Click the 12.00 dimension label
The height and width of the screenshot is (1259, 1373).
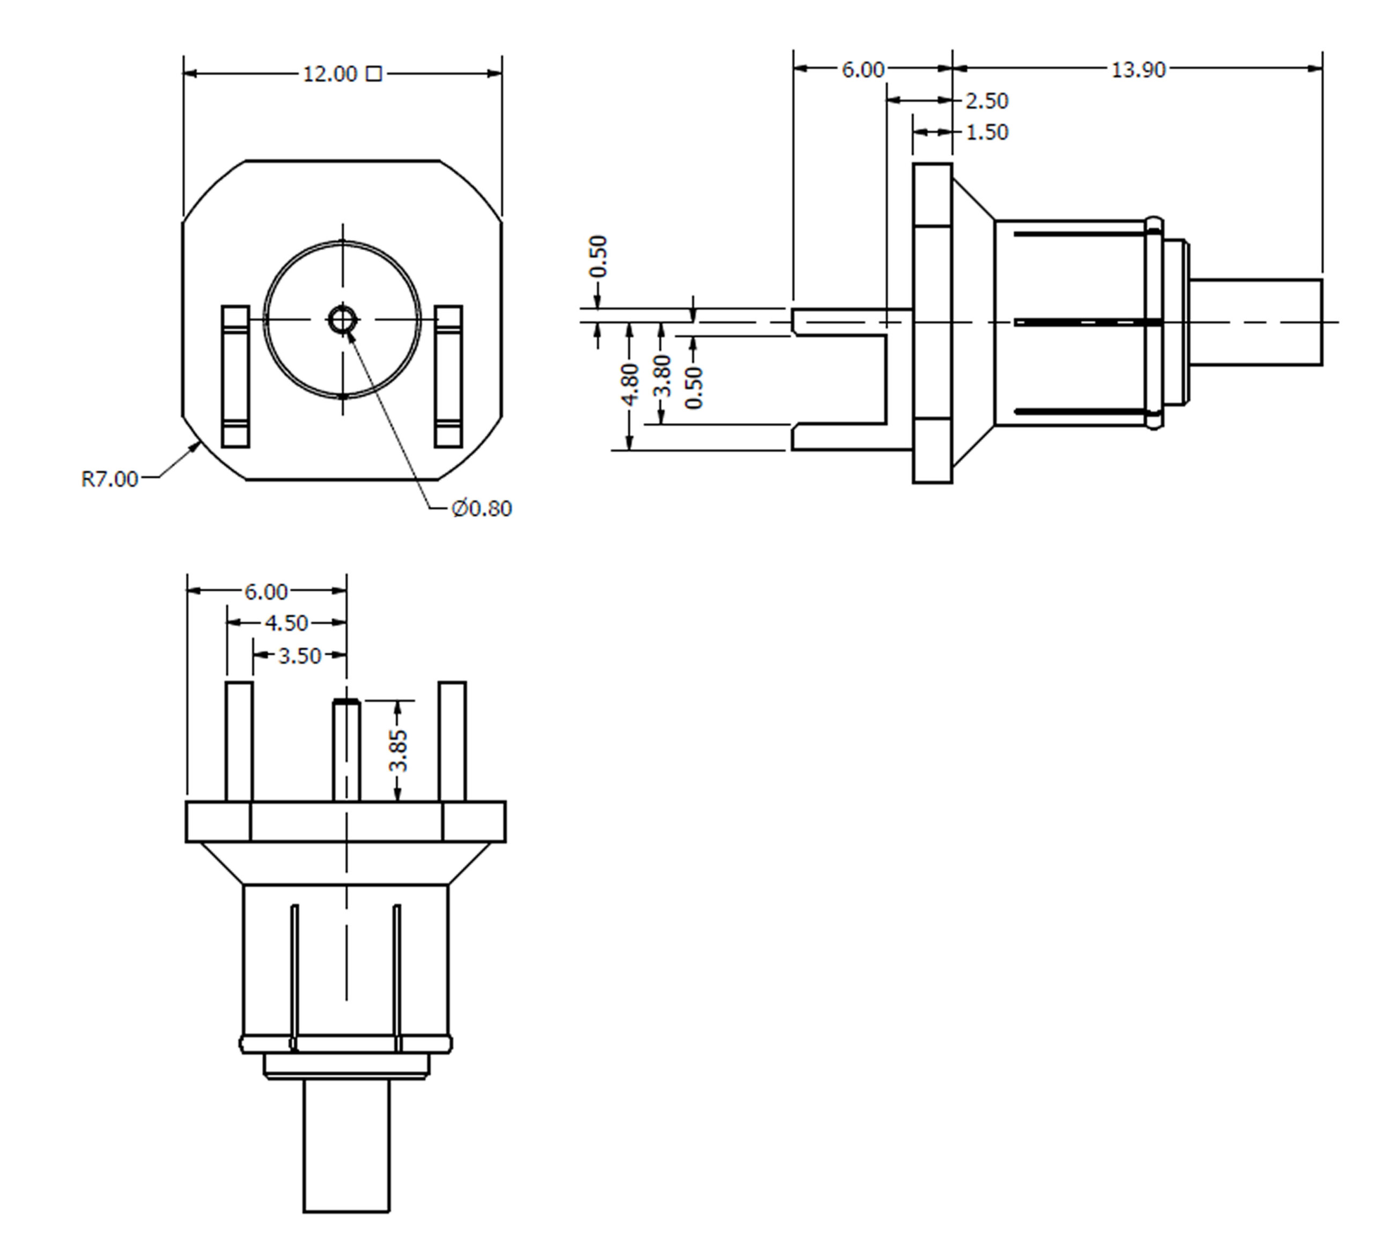tap(330, 73)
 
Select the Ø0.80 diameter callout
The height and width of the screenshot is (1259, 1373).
tap(482, 509)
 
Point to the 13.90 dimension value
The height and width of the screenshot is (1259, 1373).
tap(1138, 70)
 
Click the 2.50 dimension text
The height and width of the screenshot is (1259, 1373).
tap(987, 101)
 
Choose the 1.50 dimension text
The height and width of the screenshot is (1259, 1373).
tap(987, 132)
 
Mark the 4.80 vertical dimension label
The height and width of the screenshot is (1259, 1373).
tap(630, 385)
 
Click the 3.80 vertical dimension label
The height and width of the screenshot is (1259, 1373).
tap(662, 376)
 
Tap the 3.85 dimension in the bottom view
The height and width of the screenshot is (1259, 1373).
tap(398, 751)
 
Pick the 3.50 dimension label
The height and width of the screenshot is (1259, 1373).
tap(299, 656)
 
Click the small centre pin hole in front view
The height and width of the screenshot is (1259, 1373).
tap(342, 320)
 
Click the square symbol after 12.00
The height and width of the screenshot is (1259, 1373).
tap(374, 73)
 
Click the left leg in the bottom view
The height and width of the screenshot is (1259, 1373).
tap(239, 741)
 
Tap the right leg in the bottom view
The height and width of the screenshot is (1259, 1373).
tap(453, 741)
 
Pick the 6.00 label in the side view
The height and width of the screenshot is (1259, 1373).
tap(862, 70)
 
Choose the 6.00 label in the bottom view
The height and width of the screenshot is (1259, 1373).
tap(265, 592)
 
